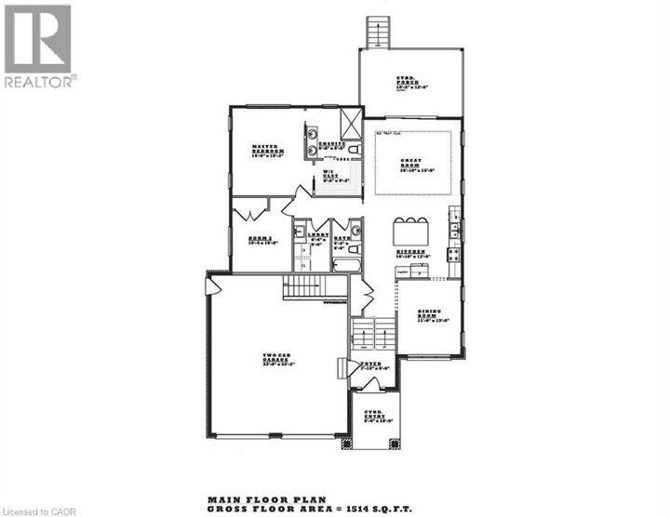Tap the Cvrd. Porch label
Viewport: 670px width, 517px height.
click(x=406, y=83)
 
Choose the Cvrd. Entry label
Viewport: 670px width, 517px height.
click(x=374, y=415)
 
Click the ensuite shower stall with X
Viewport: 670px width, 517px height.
click(x=352, y=124)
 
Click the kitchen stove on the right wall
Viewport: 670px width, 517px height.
click(x=454, y=253)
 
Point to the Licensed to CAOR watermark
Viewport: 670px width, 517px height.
click(x=37, y=510)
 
